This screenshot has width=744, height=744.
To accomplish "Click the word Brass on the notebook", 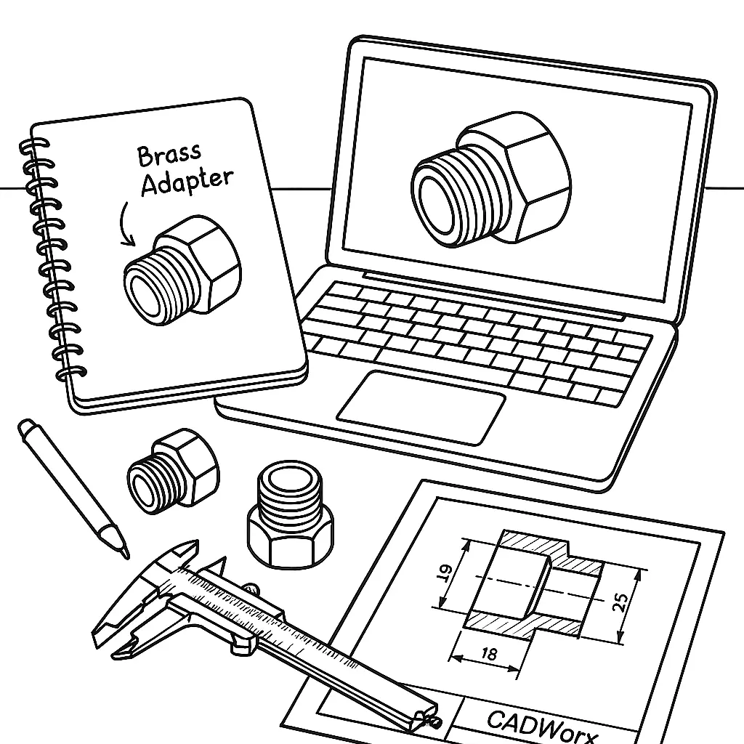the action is tap(169, 155).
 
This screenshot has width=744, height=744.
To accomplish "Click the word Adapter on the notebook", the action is tap(187, 182).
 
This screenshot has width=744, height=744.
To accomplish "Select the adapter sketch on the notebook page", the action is tap(182, 270).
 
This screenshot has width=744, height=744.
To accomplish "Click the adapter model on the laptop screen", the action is tap(491, 179).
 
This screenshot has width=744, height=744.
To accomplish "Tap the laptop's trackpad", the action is tap(421, 408).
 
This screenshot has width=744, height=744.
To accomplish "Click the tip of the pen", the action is tap(126, 556).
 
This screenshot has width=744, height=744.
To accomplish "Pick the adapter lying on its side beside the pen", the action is tap(173, 472).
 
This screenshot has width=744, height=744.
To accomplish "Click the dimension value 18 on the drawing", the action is tap(489, 654).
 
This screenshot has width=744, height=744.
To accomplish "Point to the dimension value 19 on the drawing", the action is tap(443, 573).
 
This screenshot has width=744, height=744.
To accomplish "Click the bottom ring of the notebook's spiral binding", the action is tap(71, 374).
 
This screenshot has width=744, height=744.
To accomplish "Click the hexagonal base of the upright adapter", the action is tap(291, 541).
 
